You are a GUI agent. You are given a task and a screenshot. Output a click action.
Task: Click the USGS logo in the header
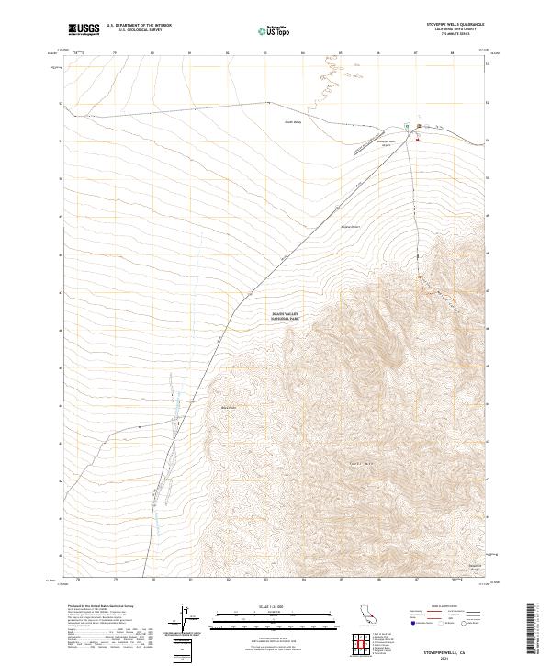coord(84,29)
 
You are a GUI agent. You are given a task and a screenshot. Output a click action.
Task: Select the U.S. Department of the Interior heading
coord(139,25)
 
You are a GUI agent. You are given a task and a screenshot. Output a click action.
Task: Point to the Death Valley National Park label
coord(286,315)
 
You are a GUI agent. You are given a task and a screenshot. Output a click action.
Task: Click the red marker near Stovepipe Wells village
coord(418,140)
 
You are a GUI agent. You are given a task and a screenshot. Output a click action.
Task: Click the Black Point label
coord(229,408)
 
